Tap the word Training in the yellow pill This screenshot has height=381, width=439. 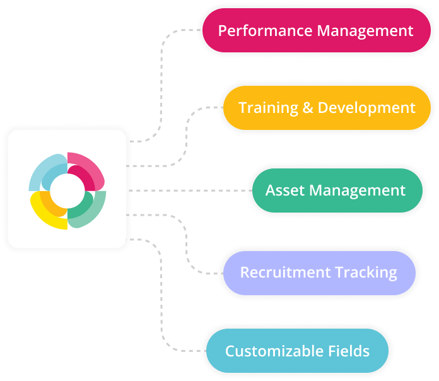pos(260,107)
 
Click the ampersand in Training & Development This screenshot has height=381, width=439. pos(308,107)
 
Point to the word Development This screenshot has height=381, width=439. pos(366,107)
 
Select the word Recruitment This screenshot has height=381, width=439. pos(281,273)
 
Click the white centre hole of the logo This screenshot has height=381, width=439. pos(67,190)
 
